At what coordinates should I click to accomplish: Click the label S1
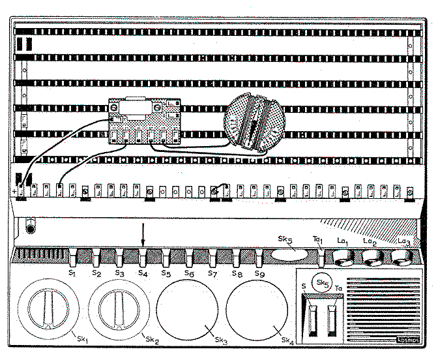pos(74,272)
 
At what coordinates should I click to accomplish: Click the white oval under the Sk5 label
pos(289,254)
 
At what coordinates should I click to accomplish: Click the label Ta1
pos(318,241)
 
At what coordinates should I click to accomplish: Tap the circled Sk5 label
pos(321,283)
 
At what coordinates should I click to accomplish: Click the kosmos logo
pos(409,340)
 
